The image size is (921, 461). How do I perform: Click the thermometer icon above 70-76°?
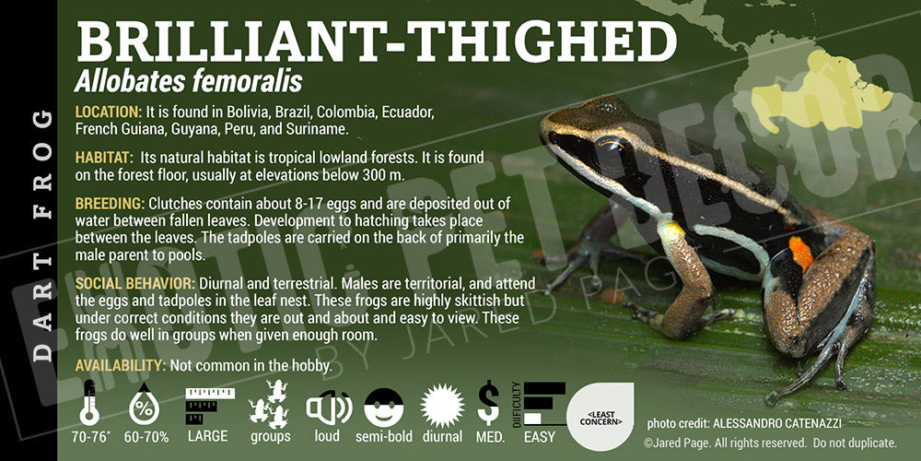(x=89, y=403)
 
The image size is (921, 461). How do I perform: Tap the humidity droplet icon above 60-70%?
(x=144, y=404)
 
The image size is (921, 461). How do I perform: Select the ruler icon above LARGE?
(x=209, y=406)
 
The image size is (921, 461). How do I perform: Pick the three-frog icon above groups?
(x=270, y=404)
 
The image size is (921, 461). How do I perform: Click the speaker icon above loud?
(x=329, y=408)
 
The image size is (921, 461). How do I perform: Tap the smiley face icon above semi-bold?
(x=383, y=408)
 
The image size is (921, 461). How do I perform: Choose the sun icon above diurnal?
(x=442, y=407)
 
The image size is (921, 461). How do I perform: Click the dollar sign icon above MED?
(x=489, y=403)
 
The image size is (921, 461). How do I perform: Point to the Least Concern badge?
(x=600, y=417)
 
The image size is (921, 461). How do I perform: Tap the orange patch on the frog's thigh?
(x=800, y=253)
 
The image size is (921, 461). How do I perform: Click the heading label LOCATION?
(x=109, y=112)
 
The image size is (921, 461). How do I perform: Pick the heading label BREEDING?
(x=110, y=204)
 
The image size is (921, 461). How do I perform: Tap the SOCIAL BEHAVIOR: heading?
(x=135, y=283)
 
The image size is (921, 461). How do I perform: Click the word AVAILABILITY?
(x=121, y=365)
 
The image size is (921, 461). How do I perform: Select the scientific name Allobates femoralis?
(x=188, y=81)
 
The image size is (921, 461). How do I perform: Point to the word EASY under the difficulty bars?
(x=539, y=437)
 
